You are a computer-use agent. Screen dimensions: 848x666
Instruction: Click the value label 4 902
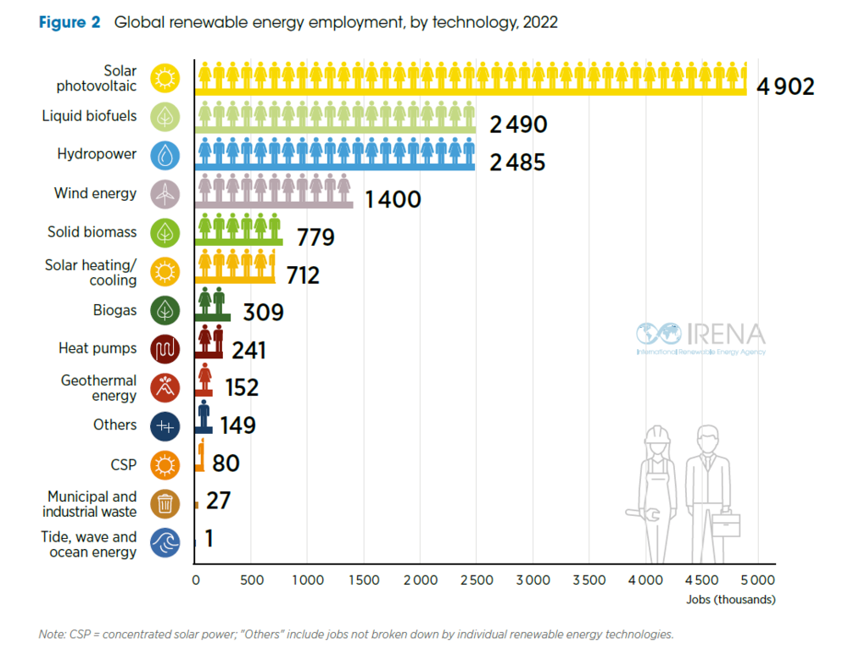tap(785, 86)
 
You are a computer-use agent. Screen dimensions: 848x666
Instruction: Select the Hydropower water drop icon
tap(165, 156)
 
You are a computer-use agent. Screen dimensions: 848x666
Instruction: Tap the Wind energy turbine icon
tap(165, 194)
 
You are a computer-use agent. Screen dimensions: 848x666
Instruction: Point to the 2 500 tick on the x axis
tap(477, 580)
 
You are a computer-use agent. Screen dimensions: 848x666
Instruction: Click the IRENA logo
tap(701, 338)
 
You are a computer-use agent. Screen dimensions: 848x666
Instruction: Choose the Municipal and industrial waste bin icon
tap(165, 503)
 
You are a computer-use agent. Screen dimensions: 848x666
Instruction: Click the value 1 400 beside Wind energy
tap(393, 199)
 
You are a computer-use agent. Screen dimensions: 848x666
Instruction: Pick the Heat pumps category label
tap(98, 348)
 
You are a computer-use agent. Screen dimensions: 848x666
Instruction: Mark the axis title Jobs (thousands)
tap(731, 600)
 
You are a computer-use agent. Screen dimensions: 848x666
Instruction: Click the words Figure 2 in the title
tap(70, 22)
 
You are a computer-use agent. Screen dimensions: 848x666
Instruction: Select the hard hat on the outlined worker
tap(657, 434)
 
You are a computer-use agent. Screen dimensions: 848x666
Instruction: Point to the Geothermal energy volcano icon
tap(165, 387)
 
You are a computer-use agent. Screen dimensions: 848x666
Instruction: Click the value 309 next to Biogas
tap(263, 313)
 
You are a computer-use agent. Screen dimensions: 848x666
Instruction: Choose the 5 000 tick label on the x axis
tap(757, 580)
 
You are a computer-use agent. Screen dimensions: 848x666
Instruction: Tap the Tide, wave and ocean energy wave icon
tap(165, 542)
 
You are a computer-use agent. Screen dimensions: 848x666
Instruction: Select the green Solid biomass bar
tap(238, 230)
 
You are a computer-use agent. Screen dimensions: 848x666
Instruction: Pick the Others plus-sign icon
tap(165, 426)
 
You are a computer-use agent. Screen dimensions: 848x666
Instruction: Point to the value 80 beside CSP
tap(226, 463)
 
